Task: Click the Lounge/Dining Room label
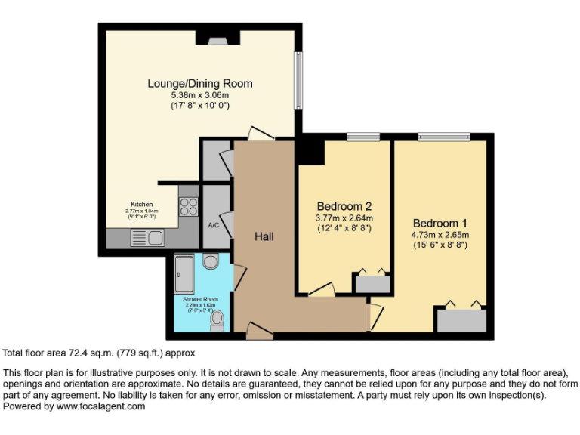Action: click(x=199, y=83)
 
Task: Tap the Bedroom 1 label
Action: click(x=440, y=223)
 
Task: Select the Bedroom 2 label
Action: click(x=344, y=206)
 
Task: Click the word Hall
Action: click(x=264, y=236)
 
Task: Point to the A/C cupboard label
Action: click(x=213, y=225)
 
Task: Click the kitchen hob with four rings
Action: click(x=188, y=206)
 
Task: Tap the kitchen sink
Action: click(x=147, y=239)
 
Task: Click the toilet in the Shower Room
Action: click(x=217, y=322)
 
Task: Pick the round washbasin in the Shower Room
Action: click(x=211, y=261)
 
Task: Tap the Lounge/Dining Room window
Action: click(x=298, y=79)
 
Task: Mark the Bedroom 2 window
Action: click(x=363, y=137)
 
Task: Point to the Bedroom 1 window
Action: click(x=443, y=137)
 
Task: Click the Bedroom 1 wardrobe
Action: click(x=460, y=319)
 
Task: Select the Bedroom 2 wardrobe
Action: click(x=372, y=284)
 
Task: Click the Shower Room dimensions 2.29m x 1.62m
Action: click(x=200, y=305)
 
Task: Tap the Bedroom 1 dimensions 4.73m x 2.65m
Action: click(x=440, y=235)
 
